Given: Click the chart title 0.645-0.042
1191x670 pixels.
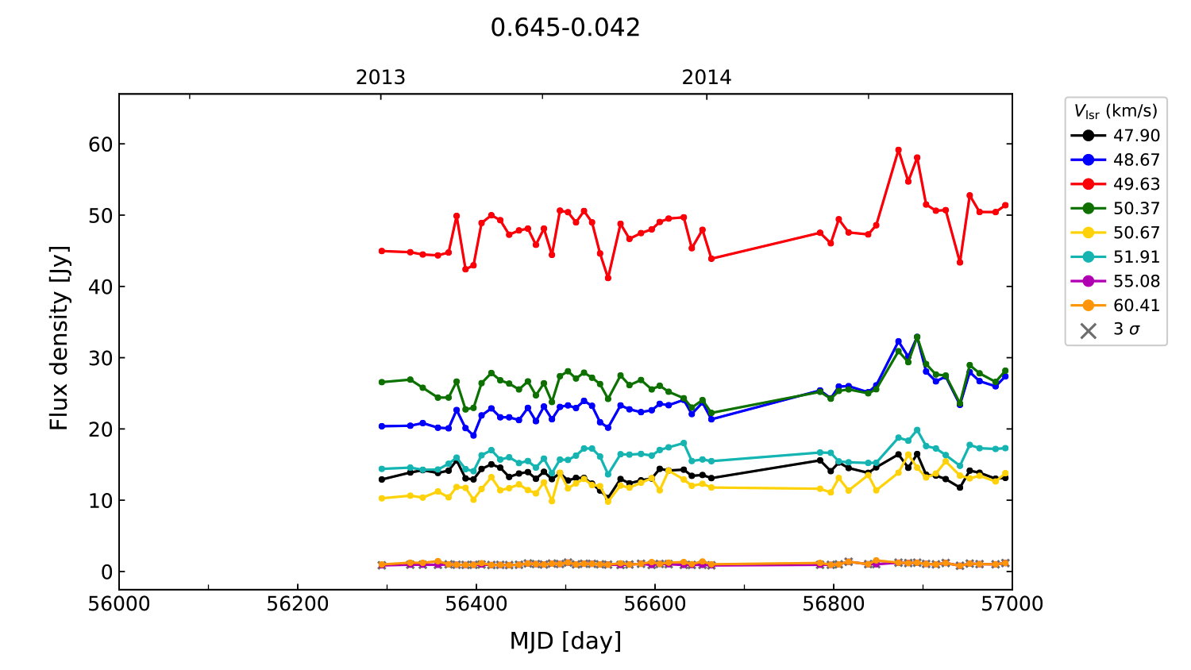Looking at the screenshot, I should point(565,28).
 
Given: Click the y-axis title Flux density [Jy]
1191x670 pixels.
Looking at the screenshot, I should point(60,338).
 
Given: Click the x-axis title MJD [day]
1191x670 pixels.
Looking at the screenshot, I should point(565,641).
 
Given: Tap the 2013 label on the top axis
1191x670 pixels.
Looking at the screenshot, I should point(380,78).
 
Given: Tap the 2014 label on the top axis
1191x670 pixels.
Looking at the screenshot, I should point(706,78).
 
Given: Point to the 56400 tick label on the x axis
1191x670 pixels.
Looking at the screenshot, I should point(476,604).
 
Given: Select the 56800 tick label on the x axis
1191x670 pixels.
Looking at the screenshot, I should point(833,604).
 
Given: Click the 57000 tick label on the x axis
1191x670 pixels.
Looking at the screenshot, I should point(1012,604).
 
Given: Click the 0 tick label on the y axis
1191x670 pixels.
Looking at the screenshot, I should point(106,572).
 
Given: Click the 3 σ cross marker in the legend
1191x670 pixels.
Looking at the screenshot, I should point(1089,330).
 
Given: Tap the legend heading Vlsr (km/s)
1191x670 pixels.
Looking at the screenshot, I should point(1116,111).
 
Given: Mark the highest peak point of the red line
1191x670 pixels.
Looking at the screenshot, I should point(898,150).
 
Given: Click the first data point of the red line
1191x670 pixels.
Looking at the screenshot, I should point(382,251).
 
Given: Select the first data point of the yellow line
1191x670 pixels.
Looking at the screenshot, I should point(382,499).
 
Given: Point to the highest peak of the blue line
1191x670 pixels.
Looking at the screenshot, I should point(916,337).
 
